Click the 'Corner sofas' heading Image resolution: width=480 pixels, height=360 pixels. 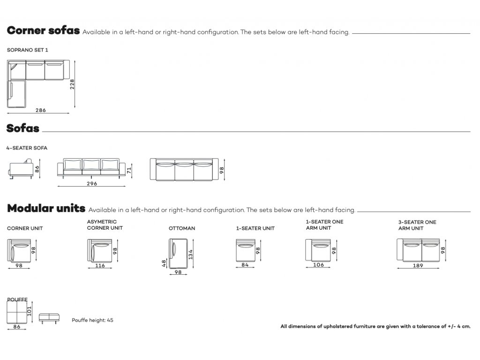[43, 31]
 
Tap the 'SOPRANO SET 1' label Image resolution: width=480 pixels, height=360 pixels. [28, 50]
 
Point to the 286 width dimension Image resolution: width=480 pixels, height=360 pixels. [41, 111]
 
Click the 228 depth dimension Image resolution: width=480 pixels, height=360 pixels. [72, 84]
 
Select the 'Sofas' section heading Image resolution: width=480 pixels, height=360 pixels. [23, 128]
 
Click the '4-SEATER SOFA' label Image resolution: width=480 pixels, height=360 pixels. [27, 148]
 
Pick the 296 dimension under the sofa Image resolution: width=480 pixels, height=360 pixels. [92, 184]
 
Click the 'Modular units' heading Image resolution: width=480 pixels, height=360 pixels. [46, 208]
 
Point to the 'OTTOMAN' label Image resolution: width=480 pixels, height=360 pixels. [182, 228]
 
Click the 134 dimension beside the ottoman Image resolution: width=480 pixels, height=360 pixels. [191, 254]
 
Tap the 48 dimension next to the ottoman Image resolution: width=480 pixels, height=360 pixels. [164, 263]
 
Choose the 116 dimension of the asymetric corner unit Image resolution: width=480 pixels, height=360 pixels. [99, 266]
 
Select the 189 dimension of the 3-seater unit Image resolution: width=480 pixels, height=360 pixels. [418, 266]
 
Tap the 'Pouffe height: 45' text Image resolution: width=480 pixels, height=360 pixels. [92, 321]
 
